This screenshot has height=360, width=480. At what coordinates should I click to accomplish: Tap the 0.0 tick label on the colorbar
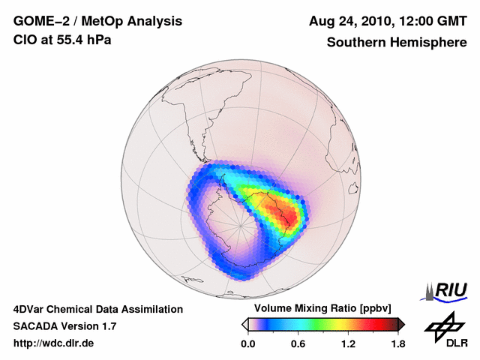[248, 344]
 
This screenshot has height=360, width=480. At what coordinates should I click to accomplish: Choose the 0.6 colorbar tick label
[298, 344]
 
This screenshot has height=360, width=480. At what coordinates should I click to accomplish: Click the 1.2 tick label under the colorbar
[348, 344]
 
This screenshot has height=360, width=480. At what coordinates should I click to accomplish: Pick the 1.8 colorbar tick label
[397, 344]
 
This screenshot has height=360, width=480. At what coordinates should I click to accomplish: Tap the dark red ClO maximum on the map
[288, 218]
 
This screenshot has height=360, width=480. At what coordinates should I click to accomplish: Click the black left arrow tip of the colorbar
[244, 324]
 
